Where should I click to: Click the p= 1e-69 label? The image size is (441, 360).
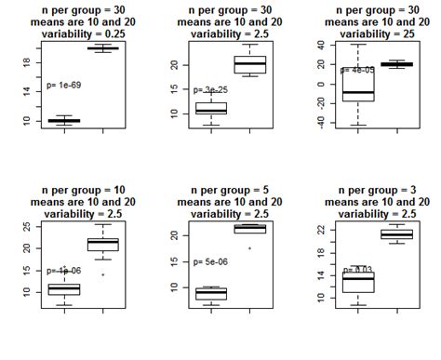coord(65,85)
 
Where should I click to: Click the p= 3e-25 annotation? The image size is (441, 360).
coord(211,90)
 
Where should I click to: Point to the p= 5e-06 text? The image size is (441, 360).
coord(211,261)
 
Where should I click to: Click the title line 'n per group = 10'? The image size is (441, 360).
coord(83,190)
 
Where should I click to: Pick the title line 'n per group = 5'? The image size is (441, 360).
coord(230,190)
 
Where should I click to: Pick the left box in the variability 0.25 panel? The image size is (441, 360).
coord(64,121)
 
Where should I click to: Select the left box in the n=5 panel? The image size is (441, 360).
coord(211,294)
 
